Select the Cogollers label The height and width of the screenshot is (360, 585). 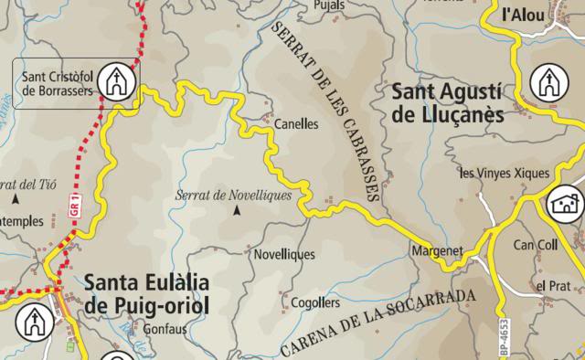click(x=314, y=302)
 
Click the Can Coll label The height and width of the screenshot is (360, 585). click(x=536, y=245)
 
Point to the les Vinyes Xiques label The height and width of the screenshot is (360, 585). click(x=505, y=173)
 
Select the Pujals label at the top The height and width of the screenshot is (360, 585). click(x=328, y=5)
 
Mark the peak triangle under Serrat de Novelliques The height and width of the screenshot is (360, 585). click(x=237, y=211)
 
